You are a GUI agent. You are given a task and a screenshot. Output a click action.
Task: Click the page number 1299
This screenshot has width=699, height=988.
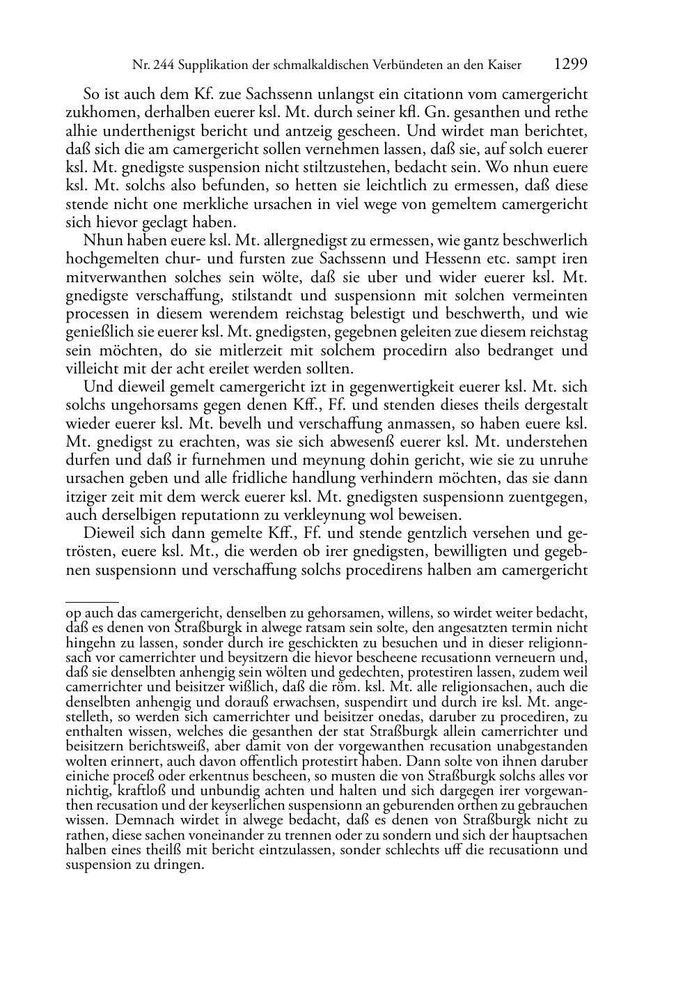pyautogui.click(x=571, y=65)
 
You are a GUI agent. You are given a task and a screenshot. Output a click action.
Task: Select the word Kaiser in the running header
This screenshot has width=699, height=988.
pyautogui.click(x=504, y=65)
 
